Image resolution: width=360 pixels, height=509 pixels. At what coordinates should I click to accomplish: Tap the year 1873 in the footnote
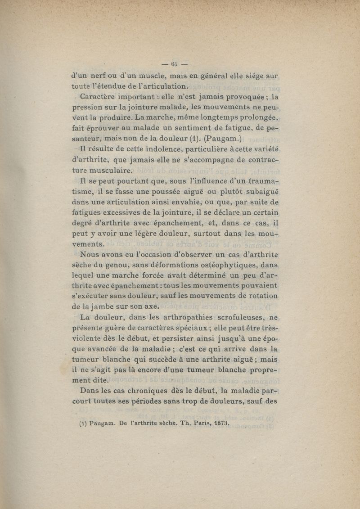(218, 423)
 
